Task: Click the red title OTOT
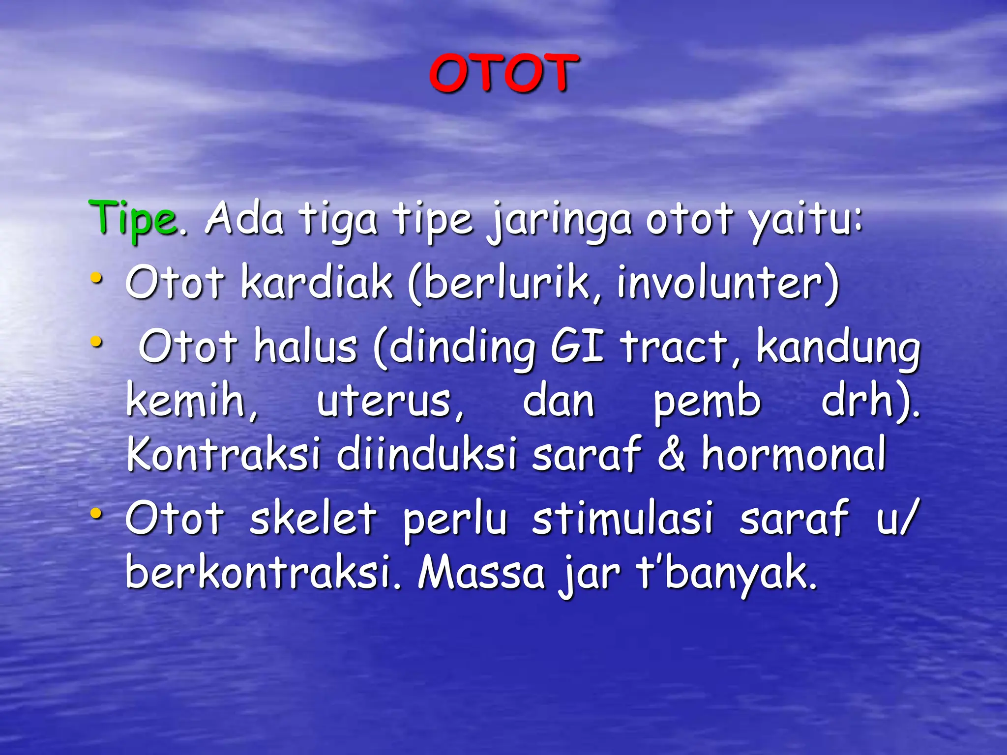[x=503, y=74]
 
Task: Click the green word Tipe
[x=133, y=219]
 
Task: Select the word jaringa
[x=560, y=220]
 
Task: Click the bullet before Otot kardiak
[x=97, y=279]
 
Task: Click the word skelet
[x=313, y=518]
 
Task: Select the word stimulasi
[x=622, y=518]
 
